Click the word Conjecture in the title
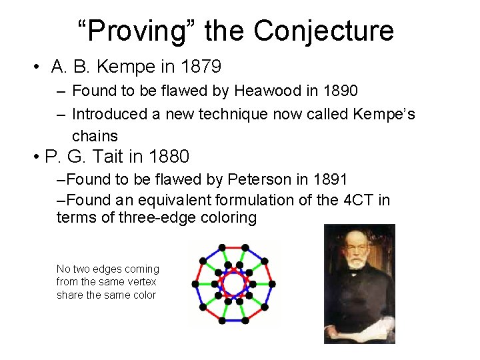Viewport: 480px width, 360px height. [x=323, y=31]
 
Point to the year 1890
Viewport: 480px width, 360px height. [x=339, y=90]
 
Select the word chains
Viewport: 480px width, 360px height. [x=95, y=136]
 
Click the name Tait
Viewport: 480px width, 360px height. [x=109, y=157]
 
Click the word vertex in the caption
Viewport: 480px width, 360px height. [x=141, y=282]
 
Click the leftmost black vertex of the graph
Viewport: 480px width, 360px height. [x=195, y=284]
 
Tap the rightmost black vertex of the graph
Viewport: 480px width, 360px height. [x=272, y=284]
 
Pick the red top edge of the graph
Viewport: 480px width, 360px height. [x=233, y=247]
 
